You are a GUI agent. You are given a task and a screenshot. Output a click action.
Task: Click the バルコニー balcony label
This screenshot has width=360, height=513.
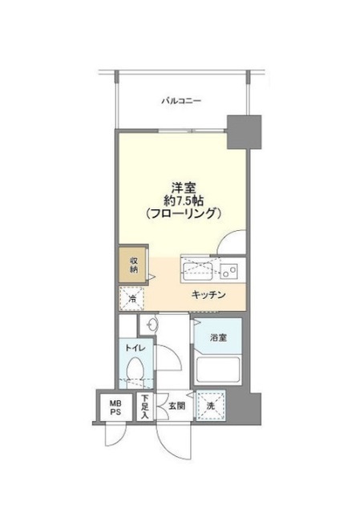tap(180, 101)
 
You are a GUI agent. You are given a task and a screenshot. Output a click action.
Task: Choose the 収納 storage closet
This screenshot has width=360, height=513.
tap(133, 265)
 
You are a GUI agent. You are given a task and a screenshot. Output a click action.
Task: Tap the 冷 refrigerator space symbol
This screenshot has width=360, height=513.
tap(133, 300)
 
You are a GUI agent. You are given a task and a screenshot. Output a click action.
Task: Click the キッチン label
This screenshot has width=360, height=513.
tap(208, 295)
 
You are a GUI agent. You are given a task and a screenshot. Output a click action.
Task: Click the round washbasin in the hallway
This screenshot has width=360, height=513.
tap(150, 324)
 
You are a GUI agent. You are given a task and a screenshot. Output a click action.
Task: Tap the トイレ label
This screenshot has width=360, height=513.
tap(132, 349)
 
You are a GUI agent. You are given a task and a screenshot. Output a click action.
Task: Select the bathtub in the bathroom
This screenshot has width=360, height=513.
tap(220, 370)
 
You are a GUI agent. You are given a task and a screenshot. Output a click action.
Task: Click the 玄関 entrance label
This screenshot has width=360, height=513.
tap(176, 406)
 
